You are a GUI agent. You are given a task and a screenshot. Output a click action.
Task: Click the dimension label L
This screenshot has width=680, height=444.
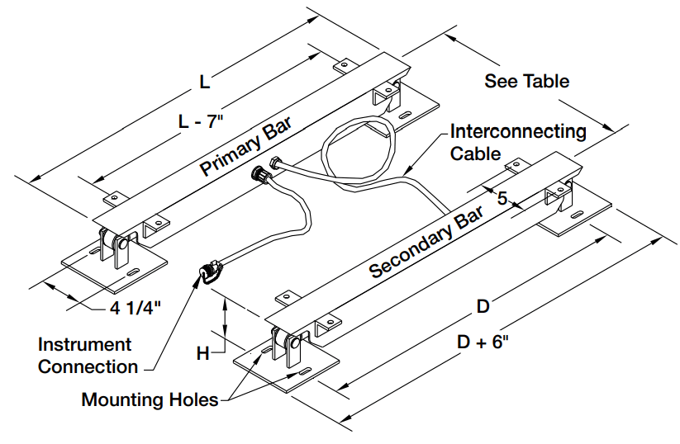pos(205,82)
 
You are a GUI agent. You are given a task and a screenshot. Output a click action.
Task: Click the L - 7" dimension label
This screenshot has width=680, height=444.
pos(202,120)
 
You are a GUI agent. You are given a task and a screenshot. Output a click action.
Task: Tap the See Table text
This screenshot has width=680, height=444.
pos(526,81)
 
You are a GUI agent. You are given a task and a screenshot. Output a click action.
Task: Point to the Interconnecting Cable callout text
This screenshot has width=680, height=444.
pos(517,142)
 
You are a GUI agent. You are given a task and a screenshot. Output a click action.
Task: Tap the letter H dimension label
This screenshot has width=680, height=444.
pos(202,353)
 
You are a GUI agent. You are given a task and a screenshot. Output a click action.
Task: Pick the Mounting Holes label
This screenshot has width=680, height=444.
pos(150,400)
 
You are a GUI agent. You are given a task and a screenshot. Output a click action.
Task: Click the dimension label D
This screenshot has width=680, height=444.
pos(483,306)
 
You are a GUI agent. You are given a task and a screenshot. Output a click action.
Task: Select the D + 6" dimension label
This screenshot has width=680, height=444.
pos(485,341)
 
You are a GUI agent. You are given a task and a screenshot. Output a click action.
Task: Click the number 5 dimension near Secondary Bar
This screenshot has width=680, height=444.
pos(502,197)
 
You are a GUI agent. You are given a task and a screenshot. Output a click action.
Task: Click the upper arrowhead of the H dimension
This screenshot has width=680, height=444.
pos(224,303)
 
